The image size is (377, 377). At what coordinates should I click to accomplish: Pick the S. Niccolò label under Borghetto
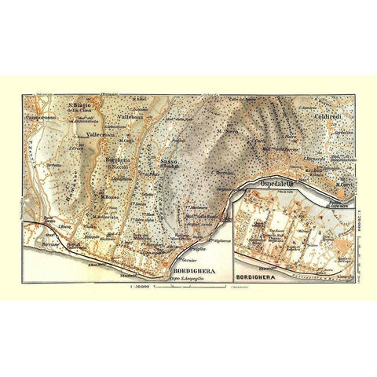(x=119, y=167)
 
